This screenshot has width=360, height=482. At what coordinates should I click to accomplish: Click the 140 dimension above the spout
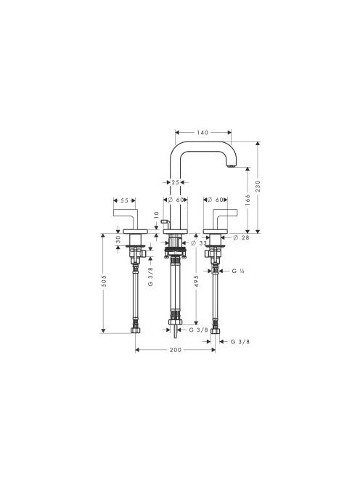[202, 133]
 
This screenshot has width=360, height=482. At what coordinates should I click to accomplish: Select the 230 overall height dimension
[258, 187]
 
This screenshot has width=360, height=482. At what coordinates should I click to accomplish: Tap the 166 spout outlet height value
[247, 200]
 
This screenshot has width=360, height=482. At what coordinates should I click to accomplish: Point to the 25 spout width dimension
[175, 182]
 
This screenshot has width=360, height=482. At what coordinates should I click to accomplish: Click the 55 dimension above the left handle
[124, 200]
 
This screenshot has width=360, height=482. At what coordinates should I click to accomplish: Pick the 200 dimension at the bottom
[175, 350]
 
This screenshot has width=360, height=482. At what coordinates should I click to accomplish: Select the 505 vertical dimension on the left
[104, 281]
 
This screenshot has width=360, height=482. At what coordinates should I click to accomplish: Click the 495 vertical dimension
[196, 281]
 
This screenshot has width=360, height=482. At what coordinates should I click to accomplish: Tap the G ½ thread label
[238, 271]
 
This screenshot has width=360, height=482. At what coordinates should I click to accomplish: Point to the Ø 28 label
[242, 237]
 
